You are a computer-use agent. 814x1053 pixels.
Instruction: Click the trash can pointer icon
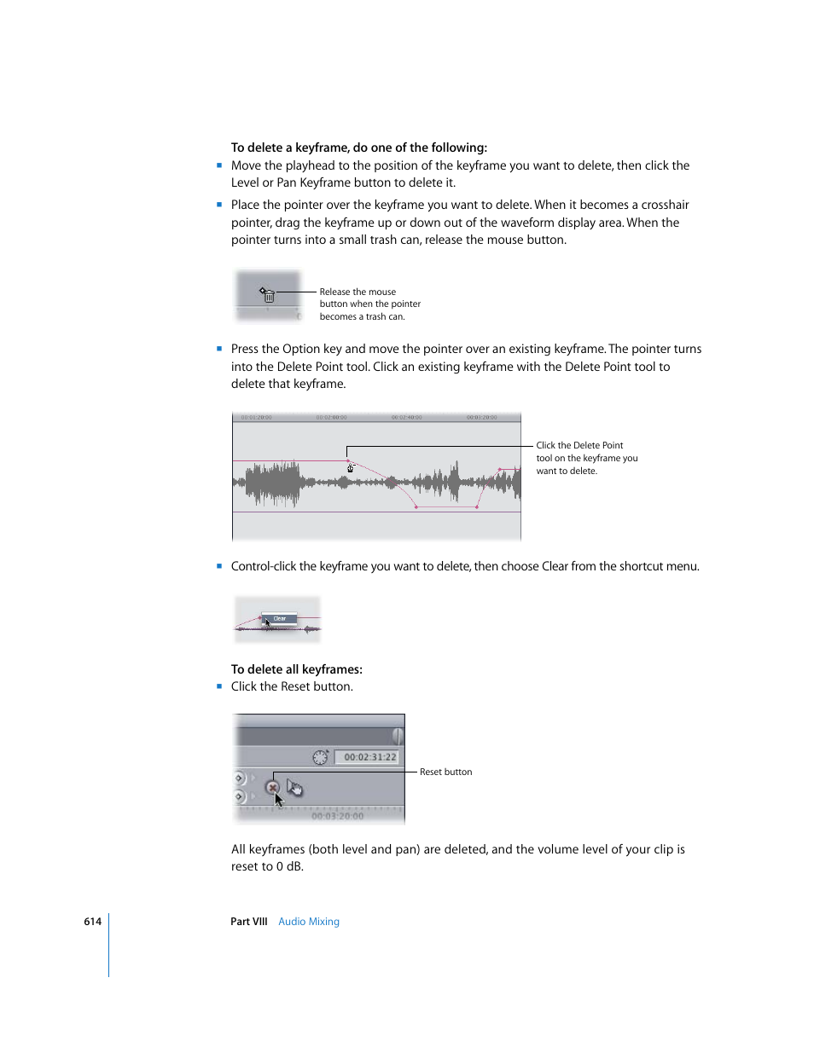click(x=268, y=295)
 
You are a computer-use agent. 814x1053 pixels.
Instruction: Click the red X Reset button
click(x=272, y=787)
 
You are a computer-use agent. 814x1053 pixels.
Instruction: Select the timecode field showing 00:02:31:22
click(x=369, y=757)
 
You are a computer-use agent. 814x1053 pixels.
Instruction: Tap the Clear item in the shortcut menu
click(x=280, y=618)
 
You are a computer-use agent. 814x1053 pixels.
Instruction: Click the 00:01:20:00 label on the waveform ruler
click(x=256, y=418)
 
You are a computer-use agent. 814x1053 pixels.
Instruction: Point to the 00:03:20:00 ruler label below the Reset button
click(x=337, y=816)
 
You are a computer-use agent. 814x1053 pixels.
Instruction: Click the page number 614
click(x=92, y=922)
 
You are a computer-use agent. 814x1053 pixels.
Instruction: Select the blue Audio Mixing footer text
click(x=309, y=922)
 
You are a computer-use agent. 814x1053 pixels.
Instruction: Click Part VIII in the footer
click(x=248, y=922)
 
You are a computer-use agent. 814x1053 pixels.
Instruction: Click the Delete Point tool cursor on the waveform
click(x=350, y=467)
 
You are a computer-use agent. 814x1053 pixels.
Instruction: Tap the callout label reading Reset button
click(x=445, y=772)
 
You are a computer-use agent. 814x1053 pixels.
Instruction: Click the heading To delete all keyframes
click(x=296, y=669)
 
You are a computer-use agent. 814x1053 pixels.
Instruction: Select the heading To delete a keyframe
click(x=358, y=148)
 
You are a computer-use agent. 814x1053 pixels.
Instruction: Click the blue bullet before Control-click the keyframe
click(x=219, y=565)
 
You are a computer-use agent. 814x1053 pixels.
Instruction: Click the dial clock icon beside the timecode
click(x=320, y=757)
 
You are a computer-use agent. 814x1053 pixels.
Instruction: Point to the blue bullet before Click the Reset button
click(x=219, y=686)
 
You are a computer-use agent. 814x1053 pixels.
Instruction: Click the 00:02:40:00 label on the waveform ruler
click(x=407, y=418)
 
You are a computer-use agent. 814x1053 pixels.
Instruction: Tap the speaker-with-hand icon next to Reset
click(x=295, y=787)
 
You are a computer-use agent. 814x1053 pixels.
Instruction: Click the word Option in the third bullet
click(x=301, y=349)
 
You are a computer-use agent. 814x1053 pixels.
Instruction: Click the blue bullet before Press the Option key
click(x=219, y=348)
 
